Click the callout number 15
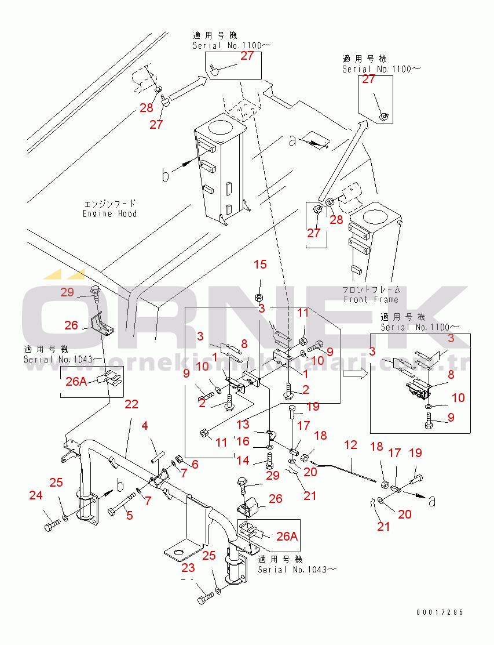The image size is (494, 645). (261, 264)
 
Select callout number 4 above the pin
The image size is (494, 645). (145, 426)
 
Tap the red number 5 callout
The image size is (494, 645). (129, 514)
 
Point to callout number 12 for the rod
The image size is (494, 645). (351, 445)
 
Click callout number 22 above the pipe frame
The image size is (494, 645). (131, 404)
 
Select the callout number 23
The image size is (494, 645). (188, 568)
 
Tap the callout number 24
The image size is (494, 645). (36, 495)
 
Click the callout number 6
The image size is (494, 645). (195, 464)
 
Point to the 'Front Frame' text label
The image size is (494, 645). (371, 299)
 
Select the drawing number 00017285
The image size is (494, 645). (439, 613)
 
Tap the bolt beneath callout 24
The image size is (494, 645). (50, 526)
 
